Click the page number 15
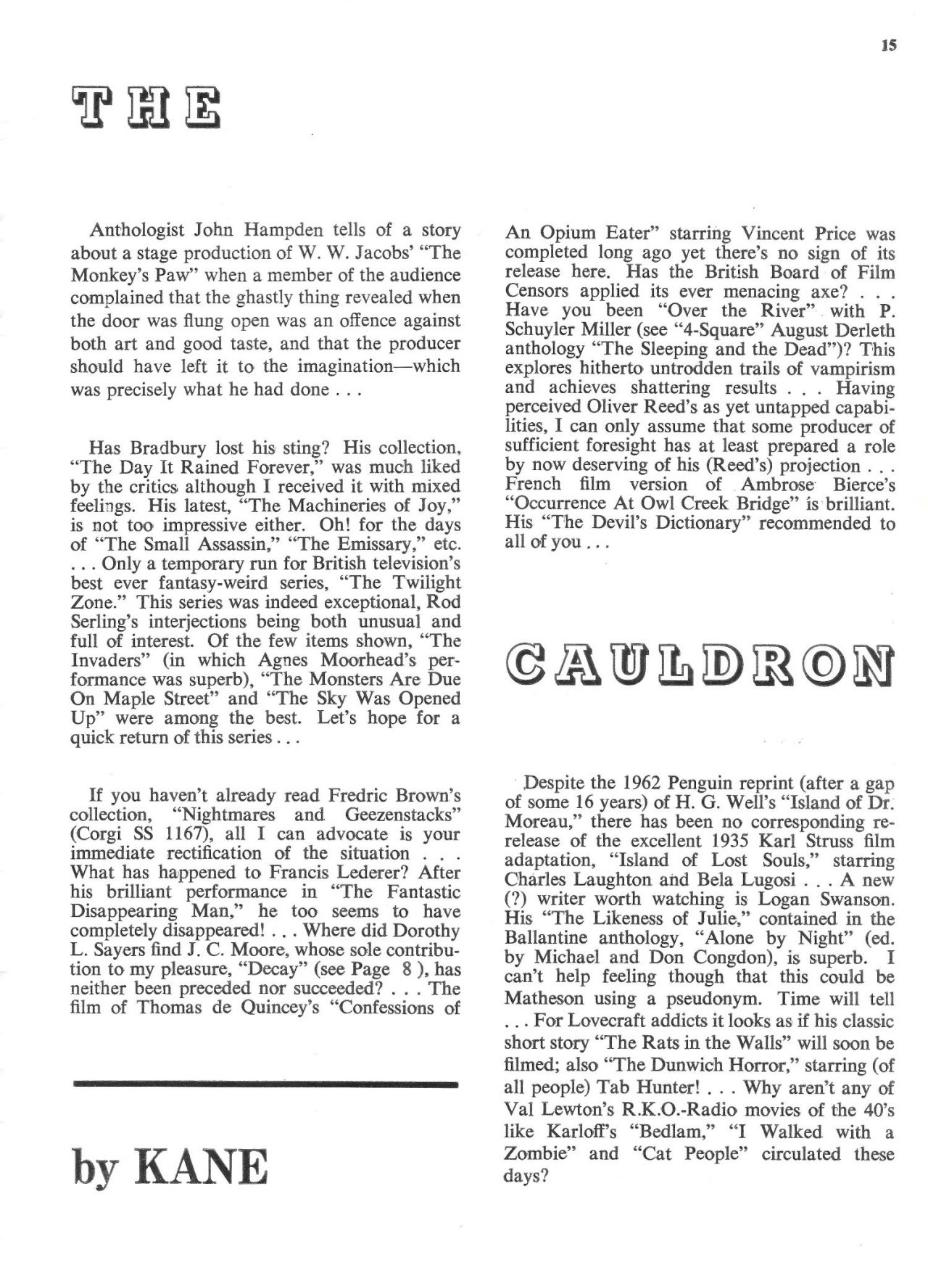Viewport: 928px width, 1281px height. pos(890,45)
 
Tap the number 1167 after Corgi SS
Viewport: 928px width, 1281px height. pos(183,833)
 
